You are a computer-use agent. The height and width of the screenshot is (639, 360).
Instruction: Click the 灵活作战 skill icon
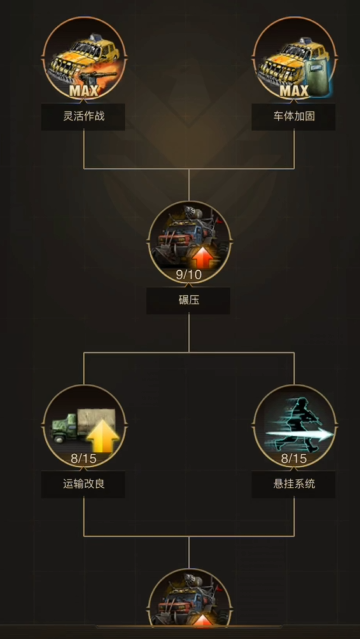[84, 60]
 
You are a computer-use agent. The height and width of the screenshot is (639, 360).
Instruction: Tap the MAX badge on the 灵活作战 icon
[84, 92]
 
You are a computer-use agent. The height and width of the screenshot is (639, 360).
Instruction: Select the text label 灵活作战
[84, 117]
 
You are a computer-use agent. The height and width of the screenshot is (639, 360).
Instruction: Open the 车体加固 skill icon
[293, 60]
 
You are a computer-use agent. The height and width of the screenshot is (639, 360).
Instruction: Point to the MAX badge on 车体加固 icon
[293, 92]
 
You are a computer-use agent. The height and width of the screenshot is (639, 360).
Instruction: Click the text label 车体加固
[293, 117]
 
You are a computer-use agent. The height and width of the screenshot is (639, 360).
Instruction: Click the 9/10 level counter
[188, 274]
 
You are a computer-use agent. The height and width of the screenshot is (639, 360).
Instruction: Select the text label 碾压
[188, 299]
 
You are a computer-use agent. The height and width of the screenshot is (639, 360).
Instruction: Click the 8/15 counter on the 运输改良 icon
[84, 458]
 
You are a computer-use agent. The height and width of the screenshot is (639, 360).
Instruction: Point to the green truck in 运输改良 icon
[70, 429]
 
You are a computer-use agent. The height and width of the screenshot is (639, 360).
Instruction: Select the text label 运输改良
[84, 483]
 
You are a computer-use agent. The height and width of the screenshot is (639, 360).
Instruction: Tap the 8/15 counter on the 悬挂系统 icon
[293, 458]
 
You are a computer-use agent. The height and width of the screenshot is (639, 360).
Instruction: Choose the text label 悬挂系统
[293, 483]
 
